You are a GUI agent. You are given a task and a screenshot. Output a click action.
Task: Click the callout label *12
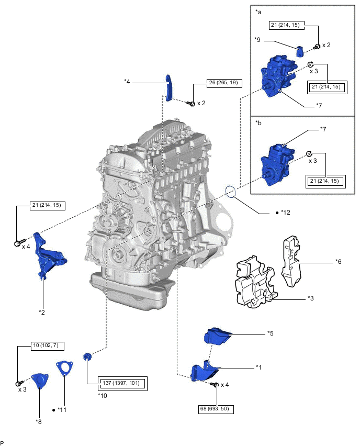pos(285,213)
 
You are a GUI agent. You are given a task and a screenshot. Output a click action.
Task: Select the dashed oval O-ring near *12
pos(231,191)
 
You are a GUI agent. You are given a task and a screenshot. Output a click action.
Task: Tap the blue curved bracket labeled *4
pos(168,87)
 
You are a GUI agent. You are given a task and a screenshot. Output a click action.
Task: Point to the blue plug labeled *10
pos(87,357)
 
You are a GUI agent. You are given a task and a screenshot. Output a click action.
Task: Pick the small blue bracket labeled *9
pos(300,51)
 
